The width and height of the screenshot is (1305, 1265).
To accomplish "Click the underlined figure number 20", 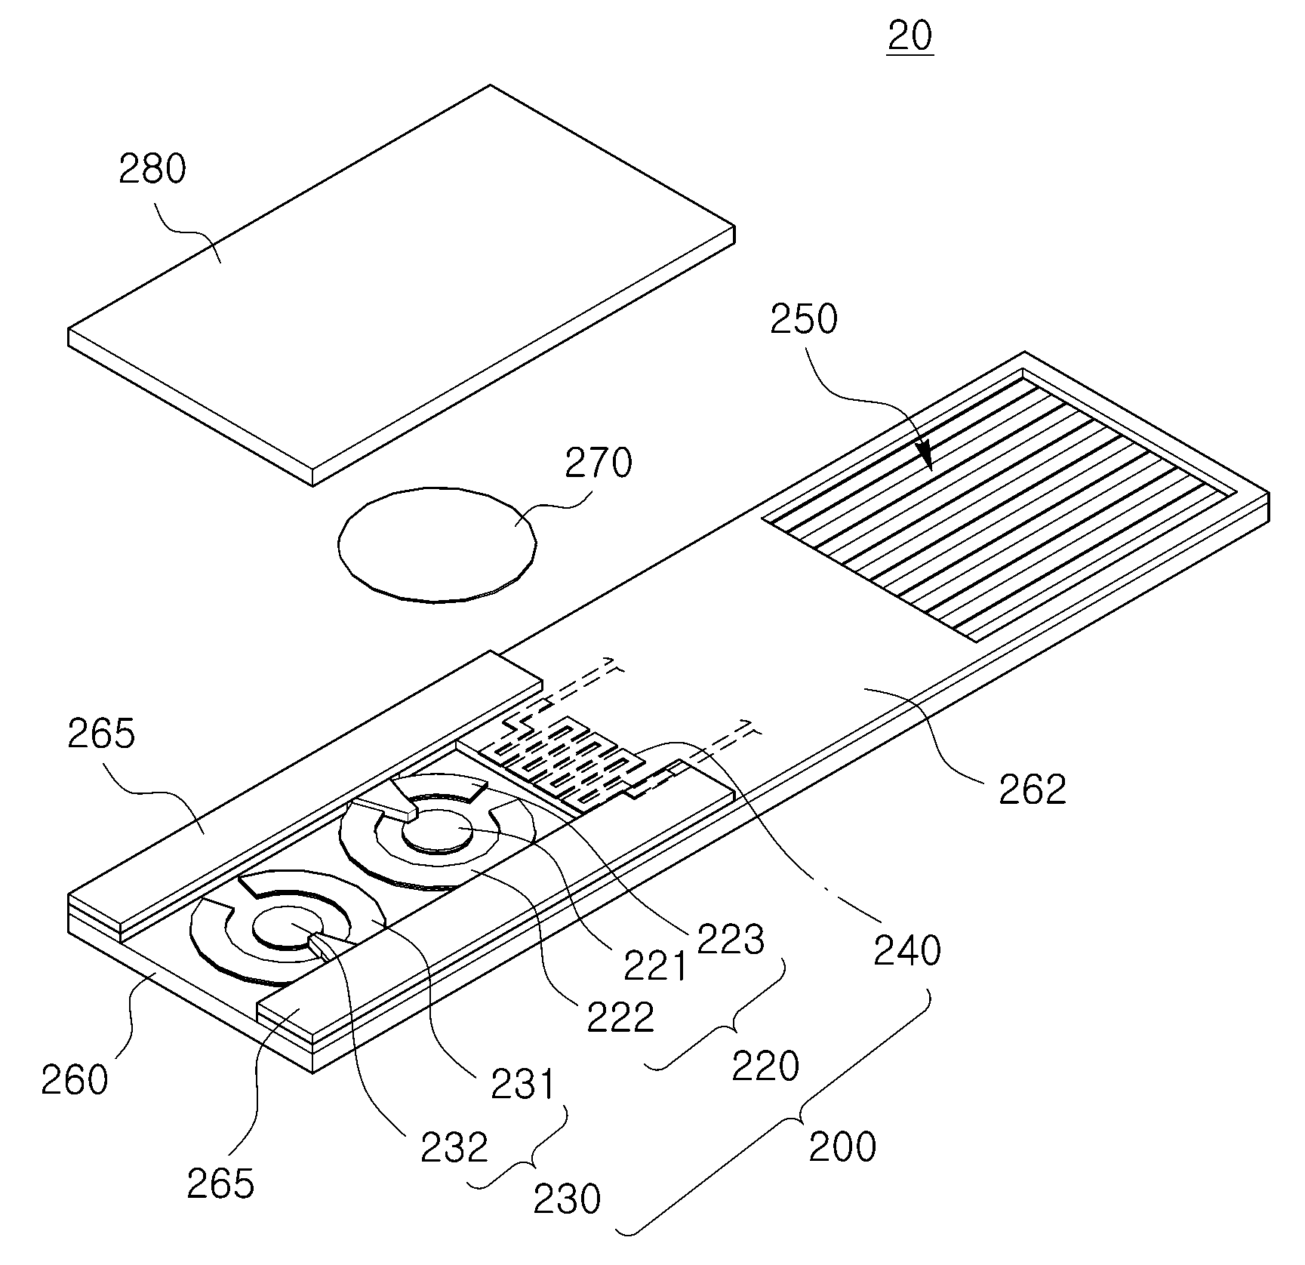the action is (910, 36).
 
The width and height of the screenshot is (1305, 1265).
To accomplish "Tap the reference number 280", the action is (152, 169).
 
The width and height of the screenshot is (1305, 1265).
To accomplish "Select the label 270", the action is (599, 463).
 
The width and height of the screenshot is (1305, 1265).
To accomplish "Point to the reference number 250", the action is (804, 319).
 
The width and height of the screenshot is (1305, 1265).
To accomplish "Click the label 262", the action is (1033, 789).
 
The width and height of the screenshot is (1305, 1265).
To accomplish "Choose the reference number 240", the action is (907, 951).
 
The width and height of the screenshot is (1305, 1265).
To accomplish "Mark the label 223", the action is (731, 939).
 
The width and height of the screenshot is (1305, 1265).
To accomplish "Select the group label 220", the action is (765, 1066).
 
